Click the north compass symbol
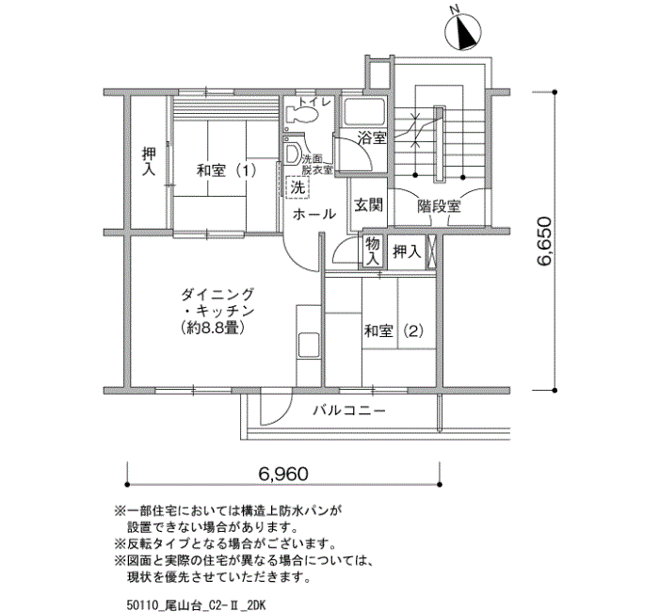click(463, 30)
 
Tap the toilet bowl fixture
click(301, 114)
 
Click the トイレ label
click(314, 102)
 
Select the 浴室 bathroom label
click(372, 137)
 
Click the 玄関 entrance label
click(368, 205)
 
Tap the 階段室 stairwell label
click(439, 206)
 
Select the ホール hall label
click(313, 214)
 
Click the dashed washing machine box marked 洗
click(298, 187)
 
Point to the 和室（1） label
click(227, 170)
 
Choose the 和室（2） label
click(394, 330)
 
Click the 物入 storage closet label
click(373, 251)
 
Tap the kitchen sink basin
click(309, 346)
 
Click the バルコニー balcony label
click(349, 410)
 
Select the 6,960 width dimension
click(283, 474)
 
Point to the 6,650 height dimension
click(544, 241)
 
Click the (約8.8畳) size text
click(212, 327)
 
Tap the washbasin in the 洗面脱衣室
click(293, 153)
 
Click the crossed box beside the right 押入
click(431, 252)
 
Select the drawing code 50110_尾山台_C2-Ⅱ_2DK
click(196, 605)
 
